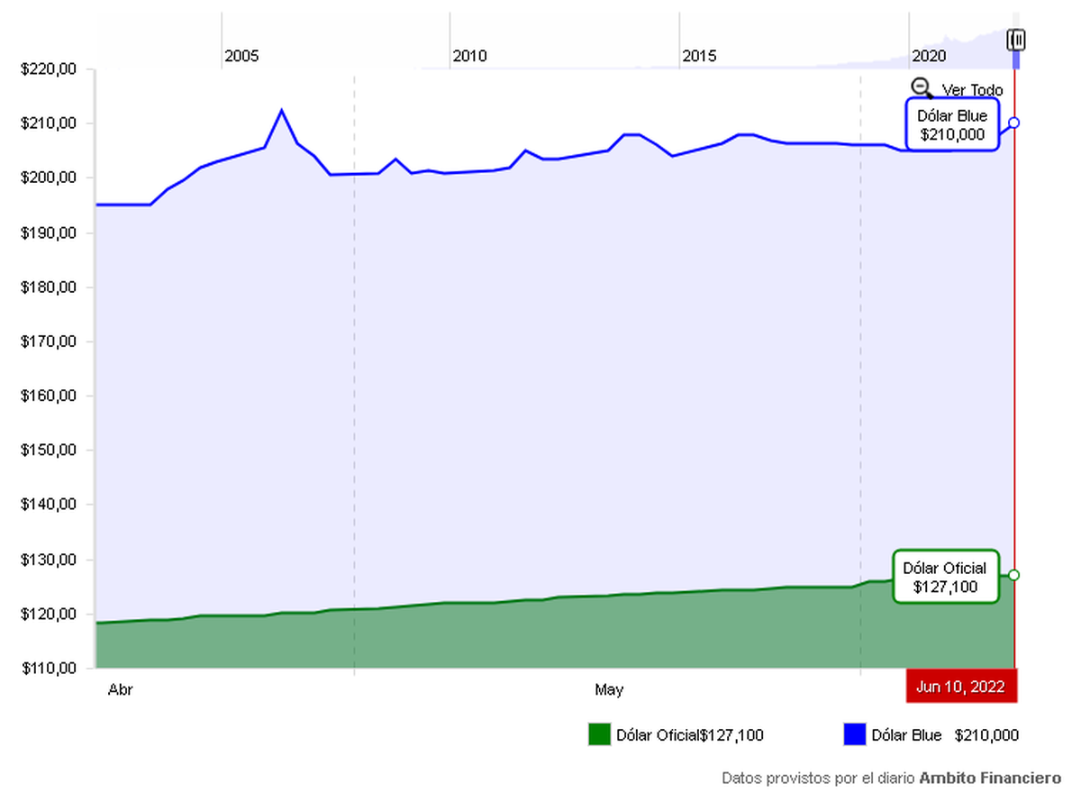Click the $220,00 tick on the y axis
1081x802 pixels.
click(46, 68)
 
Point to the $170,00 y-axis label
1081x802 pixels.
click(46, 342)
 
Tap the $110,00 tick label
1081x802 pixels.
click(46, 669)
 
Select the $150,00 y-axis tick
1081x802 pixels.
click(46, 451)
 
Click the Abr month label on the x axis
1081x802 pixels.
click(121, 690)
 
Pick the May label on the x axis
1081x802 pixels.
click(609, 690)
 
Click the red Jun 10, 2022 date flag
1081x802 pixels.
click(961, 686)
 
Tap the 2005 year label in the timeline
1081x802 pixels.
click(241, 56)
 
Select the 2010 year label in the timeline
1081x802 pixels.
click(469, 56)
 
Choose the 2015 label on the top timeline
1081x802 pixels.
click(699, 56)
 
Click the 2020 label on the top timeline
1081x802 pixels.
click(929, 56)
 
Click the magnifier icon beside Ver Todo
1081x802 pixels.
click(922, 87)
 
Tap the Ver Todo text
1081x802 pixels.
click(972, 90)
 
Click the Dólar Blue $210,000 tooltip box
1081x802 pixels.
click(952, 125)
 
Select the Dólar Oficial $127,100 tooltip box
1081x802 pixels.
click(945, 577)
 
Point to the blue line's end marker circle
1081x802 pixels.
click(1014, 122)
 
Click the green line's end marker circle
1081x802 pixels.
click(1014, 575)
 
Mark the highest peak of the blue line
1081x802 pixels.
click(281, 110)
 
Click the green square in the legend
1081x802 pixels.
click(599, 734)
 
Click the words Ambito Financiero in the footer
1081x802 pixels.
click(990, 777)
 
